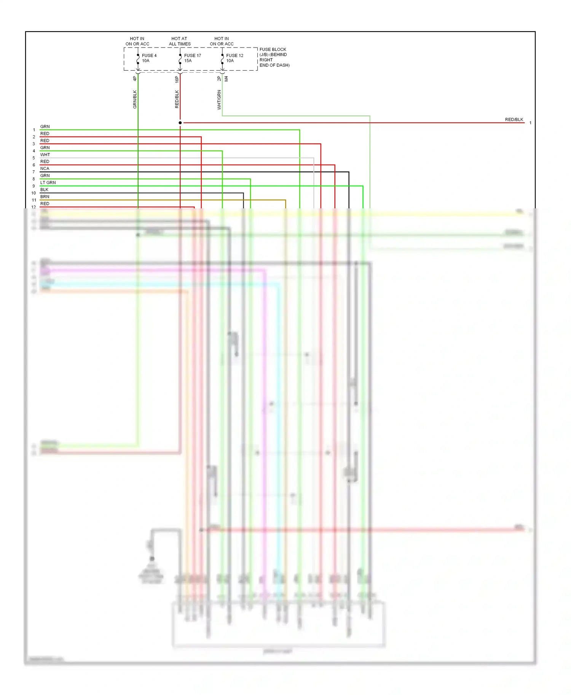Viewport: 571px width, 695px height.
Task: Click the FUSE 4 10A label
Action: point(149,58)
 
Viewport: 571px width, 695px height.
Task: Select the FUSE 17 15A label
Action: point(192,58)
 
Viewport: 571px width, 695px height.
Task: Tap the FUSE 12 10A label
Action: point(234,58)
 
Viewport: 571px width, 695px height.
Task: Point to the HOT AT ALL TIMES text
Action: point(180,41)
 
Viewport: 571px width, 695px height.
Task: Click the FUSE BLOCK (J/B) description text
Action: point(274,57)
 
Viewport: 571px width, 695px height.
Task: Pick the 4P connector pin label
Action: point(135,79)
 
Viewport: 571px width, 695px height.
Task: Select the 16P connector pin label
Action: point(177,79)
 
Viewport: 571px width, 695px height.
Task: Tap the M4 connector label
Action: point(226,79)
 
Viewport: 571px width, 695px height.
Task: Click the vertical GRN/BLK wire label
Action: point(135,99)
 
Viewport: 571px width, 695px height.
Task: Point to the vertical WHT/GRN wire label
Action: point(219,100)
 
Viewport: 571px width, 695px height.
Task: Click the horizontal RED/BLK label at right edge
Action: point(514,120)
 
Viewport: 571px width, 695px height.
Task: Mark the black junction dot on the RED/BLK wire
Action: point(180,123)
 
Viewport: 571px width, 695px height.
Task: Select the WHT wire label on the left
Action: point(45,155)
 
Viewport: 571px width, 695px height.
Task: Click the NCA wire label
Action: point(45,169)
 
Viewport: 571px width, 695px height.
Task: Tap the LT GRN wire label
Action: point(48,183)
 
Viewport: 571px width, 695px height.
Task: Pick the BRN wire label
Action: point(45,197)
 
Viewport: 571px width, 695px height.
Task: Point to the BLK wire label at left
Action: point(44,190)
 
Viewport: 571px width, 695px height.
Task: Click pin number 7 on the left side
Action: point(34,172)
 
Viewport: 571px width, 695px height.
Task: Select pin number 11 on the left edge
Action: point(34,200)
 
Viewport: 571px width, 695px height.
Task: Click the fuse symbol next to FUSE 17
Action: point(180,59)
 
